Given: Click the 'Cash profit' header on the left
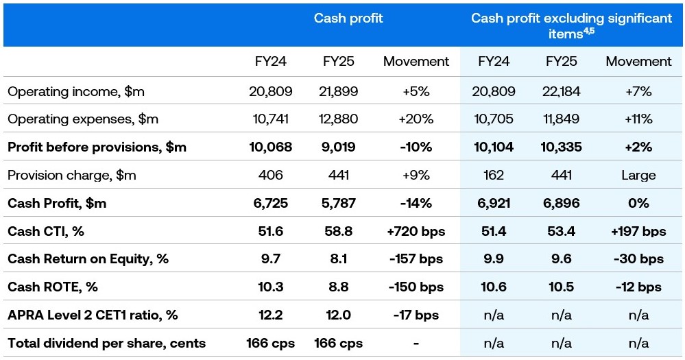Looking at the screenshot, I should pyautogui.click(x=348, y=19).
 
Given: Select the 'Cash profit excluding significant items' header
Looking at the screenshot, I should pyautogui.click(x=571, y=25).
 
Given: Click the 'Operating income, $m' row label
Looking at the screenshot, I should pyautogui.click(x=76, y=91).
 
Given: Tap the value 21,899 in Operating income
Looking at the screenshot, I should pyautogui.click(x=338, y=91).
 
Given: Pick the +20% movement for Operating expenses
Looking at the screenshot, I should pyautogui.click(x=416, y=119).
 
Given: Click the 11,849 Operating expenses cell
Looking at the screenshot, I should pyautogui.click(x=561, y=119).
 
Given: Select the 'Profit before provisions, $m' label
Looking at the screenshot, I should pyautogui.click(x=97, y=147).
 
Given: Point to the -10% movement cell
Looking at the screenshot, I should pyautogui.click(x=416, y=147).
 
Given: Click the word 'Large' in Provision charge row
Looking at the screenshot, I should pyautogui.click(x=638, y=176).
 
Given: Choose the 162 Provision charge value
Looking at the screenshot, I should pyautogui.click(x=494, y=176).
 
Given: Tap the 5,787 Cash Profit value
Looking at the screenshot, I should pyautogui.click(x=338, y=204).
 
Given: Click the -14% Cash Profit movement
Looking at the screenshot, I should pyautogui.click(x=416, y=204).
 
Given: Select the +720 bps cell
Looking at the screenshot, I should pyautogui.click(x=416, y=232).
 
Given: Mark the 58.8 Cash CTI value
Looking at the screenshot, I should pyautogui.click(x=338, y=232).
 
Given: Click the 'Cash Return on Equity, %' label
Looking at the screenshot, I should pyautogui.click(x=88, y=259).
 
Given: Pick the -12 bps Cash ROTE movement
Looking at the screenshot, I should pyautogui.click(x=638, y=287).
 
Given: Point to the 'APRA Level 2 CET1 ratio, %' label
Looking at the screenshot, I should pyautogui.click(x=93, y=315).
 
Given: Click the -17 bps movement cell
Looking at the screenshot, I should pyautogui.click(x=416, y=315).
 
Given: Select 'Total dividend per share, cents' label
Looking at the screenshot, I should pyautogui.click(x=106, y=344).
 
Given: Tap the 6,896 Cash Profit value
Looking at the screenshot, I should pyautogui.click(x=561, y=204).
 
